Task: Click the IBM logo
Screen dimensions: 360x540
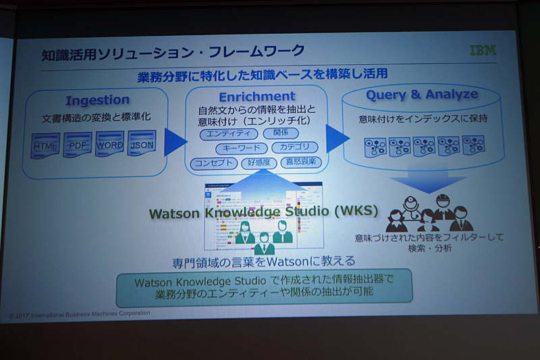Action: pos(483,51)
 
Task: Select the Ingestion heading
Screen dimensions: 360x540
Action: pos(97,101)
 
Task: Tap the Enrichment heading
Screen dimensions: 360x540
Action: pos(256,96)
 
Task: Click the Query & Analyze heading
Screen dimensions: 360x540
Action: pos(422,95)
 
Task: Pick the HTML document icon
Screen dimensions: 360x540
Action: pos(46,145)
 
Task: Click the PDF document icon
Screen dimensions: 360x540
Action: pos(78,145)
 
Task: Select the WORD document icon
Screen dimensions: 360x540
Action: pos(109,145)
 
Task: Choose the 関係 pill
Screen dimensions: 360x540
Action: pos(280,133)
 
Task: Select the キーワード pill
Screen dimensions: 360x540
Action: pos(241,148)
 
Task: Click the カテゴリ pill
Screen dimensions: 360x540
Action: pos(294,147)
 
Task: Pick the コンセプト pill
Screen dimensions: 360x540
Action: pos(213,163)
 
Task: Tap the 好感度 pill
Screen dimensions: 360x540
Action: pos(259,163)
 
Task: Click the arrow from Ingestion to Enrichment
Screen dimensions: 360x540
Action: pos(175,142)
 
